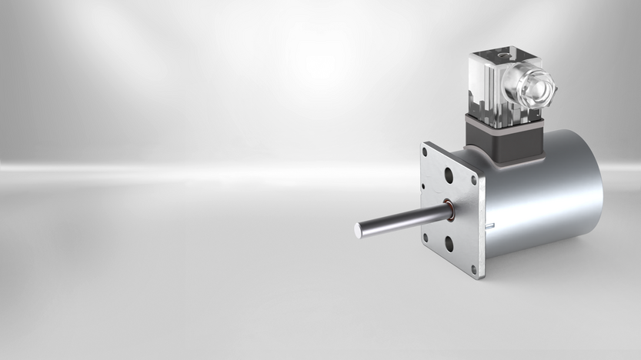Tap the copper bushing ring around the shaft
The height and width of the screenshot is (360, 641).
point(449,210)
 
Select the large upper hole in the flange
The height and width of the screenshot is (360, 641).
point(449,175)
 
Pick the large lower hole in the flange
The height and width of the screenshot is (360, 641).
point(449,245)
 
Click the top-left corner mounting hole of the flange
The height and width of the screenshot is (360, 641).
point(424,152)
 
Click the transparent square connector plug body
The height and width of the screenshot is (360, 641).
point(492,85)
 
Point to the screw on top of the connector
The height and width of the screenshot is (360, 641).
point(502,55)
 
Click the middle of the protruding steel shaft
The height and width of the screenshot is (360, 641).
point(400,220)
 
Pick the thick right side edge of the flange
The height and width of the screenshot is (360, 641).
point(481,223)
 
